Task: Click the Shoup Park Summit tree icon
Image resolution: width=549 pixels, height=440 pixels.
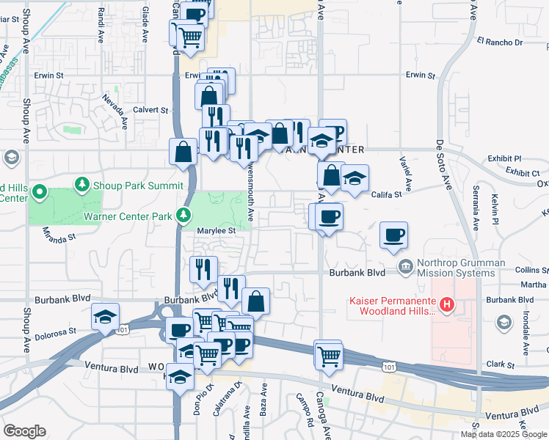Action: (83, 183)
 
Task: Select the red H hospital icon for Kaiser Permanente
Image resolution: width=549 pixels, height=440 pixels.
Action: (446, 304)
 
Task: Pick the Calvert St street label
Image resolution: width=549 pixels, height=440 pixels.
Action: (150, 109)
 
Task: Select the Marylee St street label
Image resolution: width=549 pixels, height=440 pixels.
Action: (216, 230)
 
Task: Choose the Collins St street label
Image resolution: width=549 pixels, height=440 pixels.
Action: (531, 269)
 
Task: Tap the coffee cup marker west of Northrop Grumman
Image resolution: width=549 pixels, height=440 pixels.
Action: (393, 235)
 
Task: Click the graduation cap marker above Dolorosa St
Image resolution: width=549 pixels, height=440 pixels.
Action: (105, 317)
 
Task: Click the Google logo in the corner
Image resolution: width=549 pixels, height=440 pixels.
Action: (24, 431)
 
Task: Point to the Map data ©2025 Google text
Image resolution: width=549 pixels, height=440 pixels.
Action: (503, 434)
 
